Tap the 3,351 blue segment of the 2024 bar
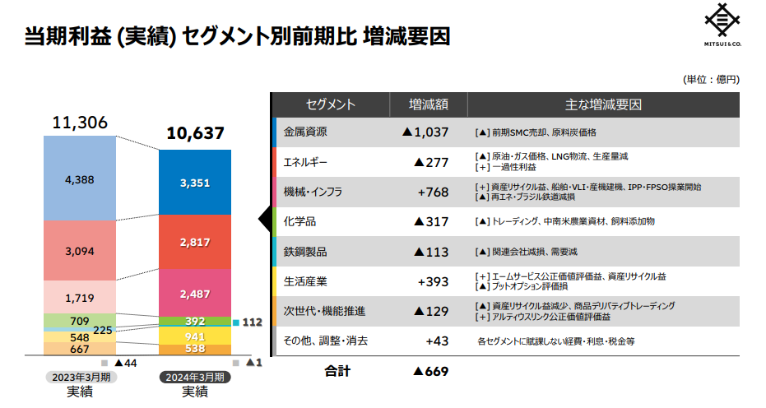click(x=194, y=182)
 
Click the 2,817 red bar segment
click(x=194, y=242)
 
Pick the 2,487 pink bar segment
click(x=194, y=293)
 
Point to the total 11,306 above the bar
click(x=80, y=123)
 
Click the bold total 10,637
click(x=195, y=132)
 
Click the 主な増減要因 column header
click(x=602, y=104)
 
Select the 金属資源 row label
click(x=305, y=132)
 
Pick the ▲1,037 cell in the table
click(x=425, y=132)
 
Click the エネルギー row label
click(x=305, y=161)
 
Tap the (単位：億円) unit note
click(x=711, y=79)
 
